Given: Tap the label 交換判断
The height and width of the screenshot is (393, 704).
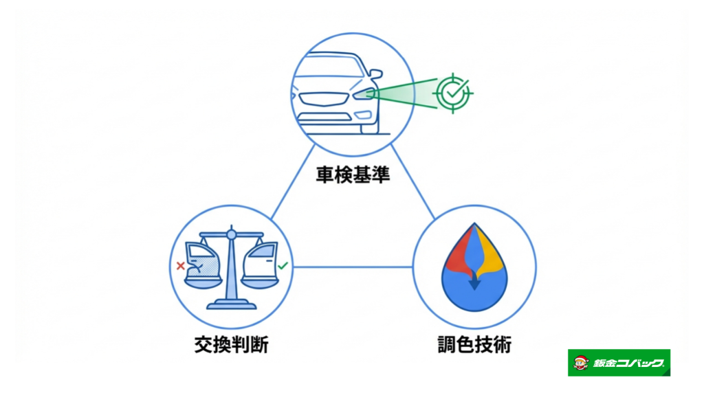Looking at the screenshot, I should coord(231,344).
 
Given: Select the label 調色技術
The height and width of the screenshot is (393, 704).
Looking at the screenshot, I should coord(474,344).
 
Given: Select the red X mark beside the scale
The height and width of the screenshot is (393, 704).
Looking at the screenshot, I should coord(180,266).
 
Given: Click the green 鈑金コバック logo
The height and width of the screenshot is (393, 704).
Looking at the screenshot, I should coord(619,363).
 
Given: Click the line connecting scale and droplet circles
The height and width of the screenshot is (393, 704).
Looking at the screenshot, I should coord(353,267).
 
